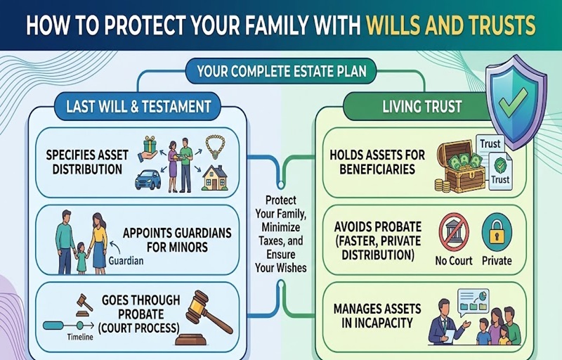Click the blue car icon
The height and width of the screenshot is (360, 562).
[x=148, y=179]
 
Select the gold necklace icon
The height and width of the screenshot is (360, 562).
[x=215, y=146]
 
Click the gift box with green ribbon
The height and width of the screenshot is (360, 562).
[x=150, y=145]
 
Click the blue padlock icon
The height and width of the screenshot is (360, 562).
[x=496, y=232]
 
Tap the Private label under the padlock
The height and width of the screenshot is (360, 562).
[x=497, y=260]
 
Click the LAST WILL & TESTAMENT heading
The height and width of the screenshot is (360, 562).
[x=138, y=106]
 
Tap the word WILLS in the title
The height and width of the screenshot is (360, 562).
[x=398, y=26]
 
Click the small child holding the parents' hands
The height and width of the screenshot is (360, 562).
[x=82, y=257]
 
